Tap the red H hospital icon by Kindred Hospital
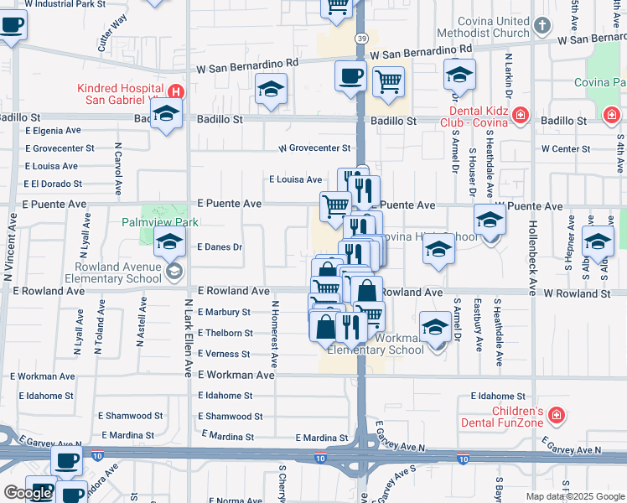(176, 90)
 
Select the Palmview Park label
(159, 222)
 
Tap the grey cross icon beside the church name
(542, 26)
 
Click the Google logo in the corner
(27, 492)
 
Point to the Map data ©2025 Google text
(574, 496)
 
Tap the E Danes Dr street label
(220, 247)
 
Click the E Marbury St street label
(224, 312)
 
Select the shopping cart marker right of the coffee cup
(388, 81)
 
